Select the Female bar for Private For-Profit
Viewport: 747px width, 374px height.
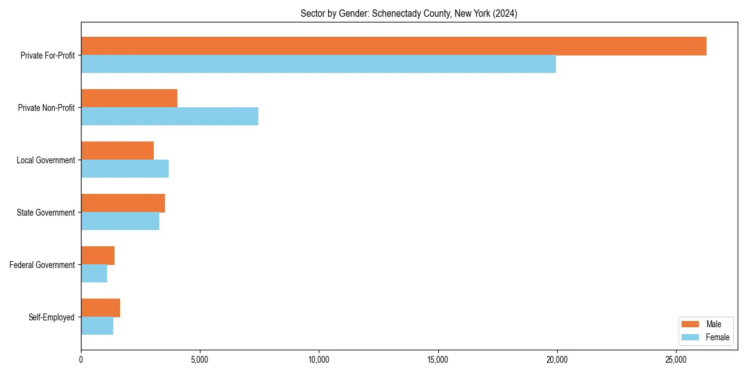318,64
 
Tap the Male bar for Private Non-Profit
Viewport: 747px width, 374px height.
129,98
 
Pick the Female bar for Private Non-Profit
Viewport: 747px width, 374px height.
169,117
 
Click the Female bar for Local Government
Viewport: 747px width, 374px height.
125,169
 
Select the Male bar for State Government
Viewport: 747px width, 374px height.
123,203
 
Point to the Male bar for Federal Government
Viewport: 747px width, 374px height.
98,256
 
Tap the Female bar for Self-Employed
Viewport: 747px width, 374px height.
97,326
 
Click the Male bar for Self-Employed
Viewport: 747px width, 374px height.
100,308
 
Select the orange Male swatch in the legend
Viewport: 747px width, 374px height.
690,324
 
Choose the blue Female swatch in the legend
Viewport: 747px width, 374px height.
690,337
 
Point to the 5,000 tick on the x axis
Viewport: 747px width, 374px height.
200,360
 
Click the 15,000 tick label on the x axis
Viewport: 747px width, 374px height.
438,360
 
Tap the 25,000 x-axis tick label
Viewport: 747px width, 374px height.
676,360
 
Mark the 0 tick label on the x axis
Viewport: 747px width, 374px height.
81,360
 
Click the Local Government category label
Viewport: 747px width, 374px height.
45,160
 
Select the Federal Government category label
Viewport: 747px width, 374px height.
42,265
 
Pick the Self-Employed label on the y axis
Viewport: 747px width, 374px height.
51,317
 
